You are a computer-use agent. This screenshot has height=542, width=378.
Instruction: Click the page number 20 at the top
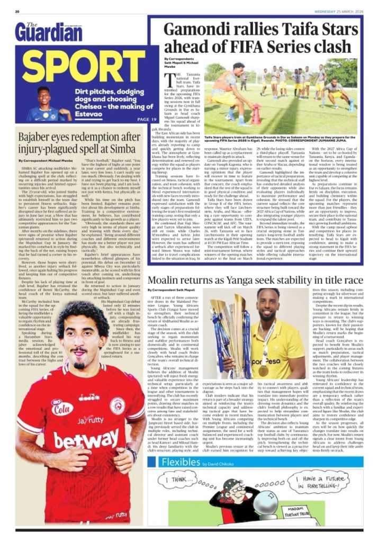point(17,11)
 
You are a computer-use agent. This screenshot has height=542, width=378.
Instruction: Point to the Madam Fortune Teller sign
point(320,513)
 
